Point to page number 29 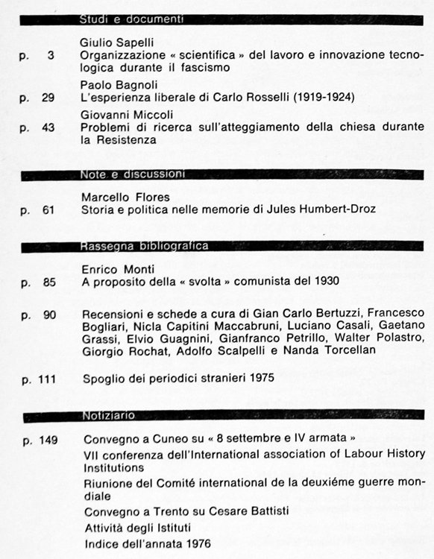(x=48, y=98)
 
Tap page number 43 (x=48, y=127)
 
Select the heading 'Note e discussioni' (x=132, y=174)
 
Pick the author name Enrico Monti (x=113, y=269)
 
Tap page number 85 (x=48, y=282)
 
